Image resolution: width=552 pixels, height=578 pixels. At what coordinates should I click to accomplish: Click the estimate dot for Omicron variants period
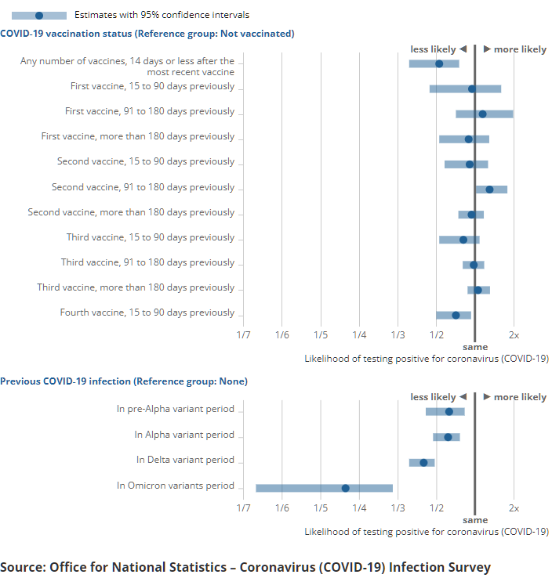pyautogui.click(x=346, y=488)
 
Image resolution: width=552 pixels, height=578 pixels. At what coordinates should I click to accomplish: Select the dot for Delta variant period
pyautogui.click(x=424, y=462)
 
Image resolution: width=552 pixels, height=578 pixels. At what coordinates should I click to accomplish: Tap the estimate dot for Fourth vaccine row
pyautogui.click(x=456, y=315)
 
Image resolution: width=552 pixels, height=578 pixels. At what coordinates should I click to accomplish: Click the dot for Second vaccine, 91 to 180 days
pyautogui.click(x=489, y=189)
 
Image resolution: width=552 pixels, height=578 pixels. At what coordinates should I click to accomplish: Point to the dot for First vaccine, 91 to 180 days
pyautogui.click(x=482, y=114)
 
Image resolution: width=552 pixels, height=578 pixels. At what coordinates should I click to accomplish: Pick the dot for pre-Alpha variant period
pyautogui.click(x=449, y=411)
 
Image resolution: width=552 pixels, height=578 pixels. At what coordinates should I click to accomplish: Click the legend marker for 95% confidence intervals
pyautogui.click(x=39, y=15)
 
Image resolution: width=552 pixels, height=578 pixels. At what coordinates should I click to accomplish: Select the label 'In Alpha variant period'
pyautogui.click(x=184, y=435)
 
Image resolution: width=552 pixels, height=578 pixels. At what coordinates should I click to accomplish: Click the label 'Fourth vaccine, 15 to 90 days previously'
pyautogui.click(x=147, y=312)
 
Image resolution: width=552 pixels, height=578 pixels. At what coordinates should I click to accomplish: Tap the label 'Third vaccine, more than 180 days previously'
pyautogui.click(x=136, y=287)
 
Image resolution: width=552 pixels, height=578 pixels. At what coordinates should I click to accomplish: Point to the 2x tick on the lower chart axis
pyautogui.click(x=514, y=508)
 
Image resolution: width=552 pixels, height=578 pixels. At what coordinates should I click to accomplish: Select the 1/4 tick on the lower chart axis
pyautogui.click(x=359, y=508)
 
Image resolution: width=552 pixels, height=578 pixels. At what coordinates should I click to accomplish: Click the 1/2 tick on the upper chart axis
pyautogui.click(x=437, y=334)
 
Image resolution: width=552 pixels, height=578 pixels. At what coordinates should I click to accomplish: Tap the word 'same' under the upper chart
pyautogui.click(x=474, y=347)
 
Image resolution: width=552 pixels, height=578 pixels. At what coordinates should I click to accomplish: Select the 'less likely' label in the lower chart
pyautogui.click(x=433, y=397)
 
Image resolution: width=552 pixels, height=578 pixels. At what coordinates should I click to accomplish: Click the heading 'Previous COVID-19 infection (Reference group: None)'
pyautogui.click(x=124, y=381)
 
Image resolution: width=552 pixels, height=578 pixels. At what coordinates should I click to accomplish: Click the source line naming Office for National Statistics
pyautogui.click(x=245, y=567)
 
